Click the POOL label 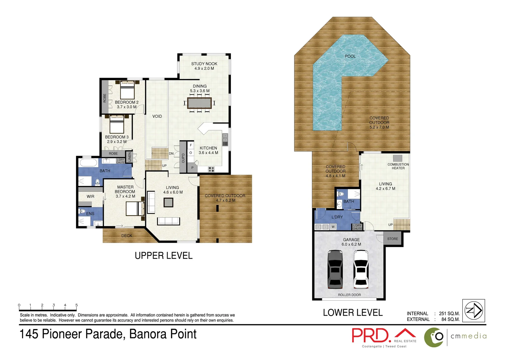click(x=350, y=56)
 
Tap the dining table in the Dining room click(x=199, y=103)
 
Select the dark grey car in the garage click(x=335, y=269)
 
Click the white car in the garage click(x=361, y=269)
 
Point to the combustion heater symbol click(x=397, y=158)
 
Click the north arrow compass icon click(x=474, y=311)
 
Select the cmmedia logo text click(x=468, y=336)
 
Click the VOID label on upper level click(x=157, y=116)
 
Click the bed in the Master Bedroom click(x=135, y=209)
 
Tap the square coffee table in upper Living click(x=168, y=202)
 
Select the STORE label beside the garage click(x=393, y=239)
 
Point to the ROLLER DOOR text click(x=349, y=295)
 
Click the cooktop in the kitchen click(x=211, y=169)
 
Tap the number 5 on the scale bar click(x=76, y=305)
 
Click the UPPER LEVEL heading click(x=163, y=256)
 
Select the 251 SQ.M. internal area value click(x=449, y=314)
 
